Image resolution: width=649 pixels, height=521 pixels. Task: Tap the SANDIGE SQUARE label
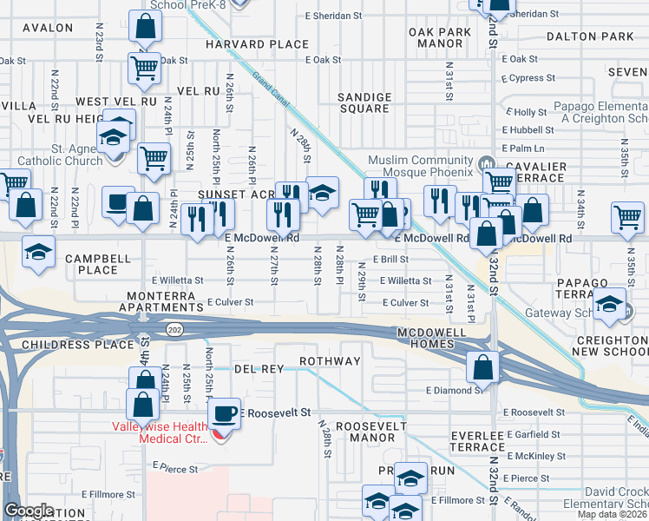(364, 102)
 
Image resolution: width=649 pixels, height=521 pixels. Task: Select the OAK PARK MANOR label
(440, 37)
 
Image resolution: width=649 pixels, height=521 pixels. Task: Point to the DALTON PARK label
(590, 36)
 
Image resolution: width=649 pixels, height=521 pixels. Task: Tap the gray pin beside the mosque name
(486, 162)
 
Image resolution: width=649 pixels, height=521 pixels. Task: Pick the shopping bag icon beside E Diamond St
(482, 367)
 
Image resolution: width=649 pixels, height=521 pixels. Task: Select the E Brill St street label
(390, 259)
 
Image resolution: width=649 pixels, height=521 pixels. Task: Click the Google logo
(29, 511)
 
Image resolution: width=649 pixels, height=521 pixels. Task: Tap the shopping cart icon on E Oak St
(143, 67)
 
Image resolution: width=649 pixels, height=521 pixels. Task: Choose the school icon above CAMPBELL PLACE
(37, 251)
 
